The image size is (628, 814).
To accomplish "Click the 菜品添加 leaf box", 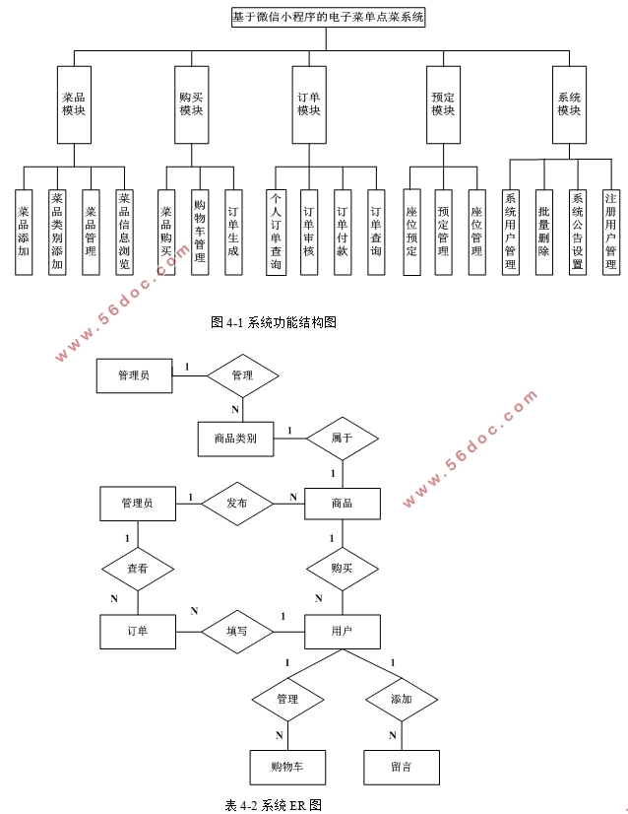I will [24, 232].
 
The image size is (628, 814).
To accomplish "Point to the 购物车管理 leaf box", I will [199, 232].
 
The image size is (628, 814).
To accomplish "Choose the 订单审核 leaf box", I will [308, 232].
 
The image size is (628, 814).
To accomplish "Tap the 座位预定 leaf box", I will [411, 232].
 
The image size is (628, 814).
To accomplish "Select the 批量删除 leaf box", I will [543, 232].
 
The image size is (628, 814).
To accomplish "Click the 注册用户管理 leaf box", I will [610, 232].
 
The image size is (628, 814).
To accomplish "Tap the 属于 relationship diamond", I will [342, 437].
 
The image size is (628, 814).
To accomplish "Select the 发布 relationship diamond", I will [236, 503].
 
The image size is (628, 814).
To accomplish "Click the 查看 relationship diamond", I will [138, 569].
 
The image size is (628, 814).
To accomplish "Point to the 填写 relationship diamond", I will [236, 631].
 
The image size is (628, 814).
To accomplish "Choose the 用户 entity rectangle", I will [342, 631].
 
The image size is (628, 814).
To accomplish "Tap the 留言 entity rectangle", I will [401, 766].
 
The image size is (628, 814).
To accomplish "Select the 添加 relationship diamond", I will [401, 699].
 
